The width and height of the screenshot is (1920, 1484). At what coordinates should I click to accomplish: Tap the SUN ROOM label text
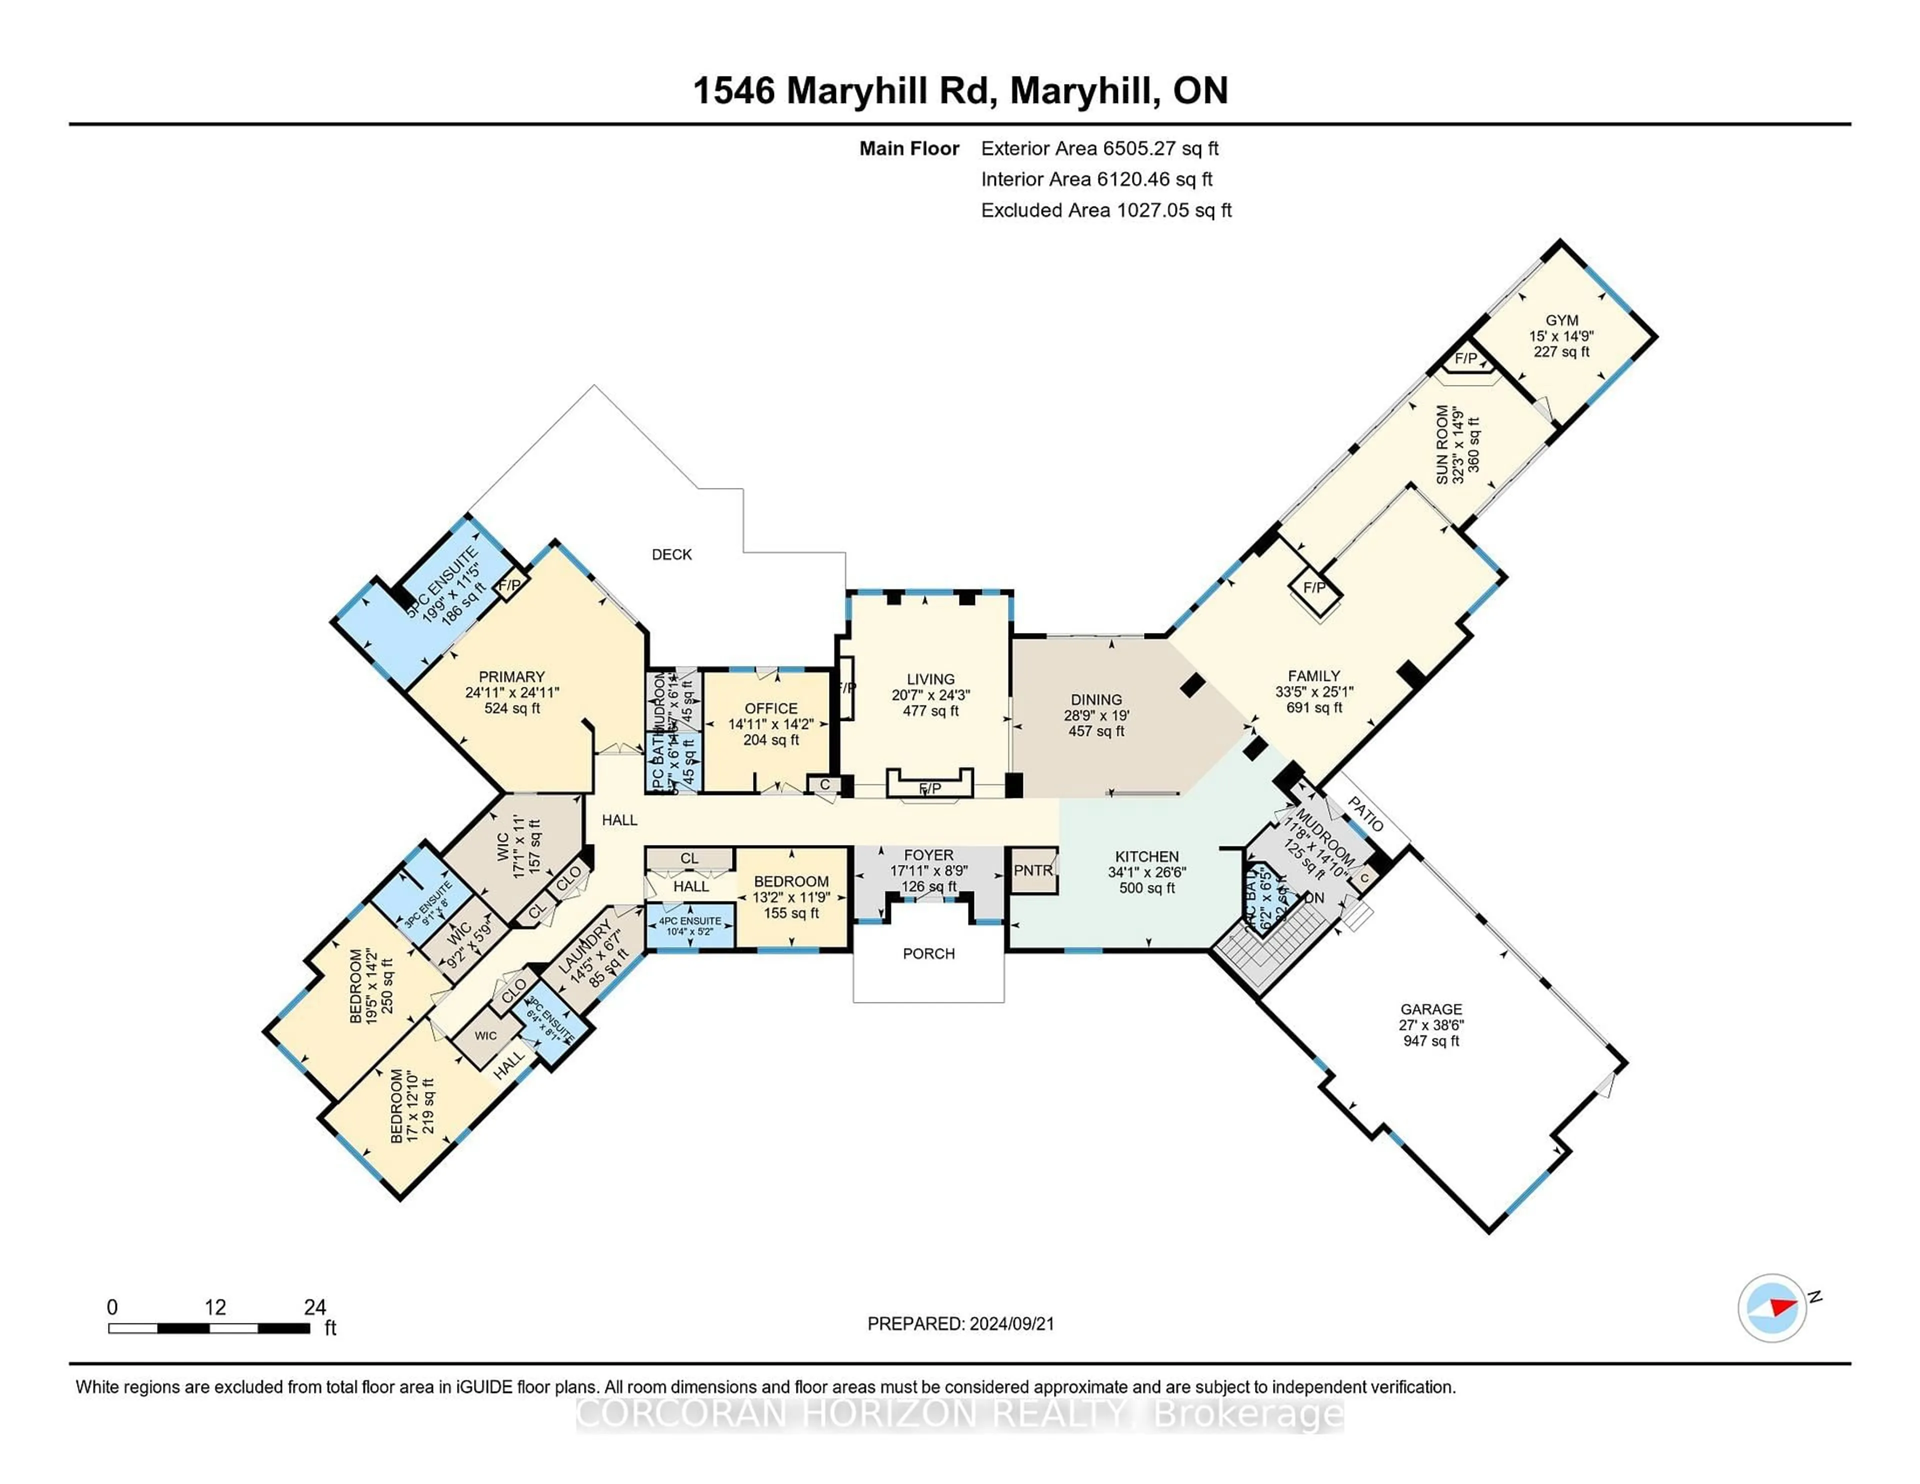(1442, 445)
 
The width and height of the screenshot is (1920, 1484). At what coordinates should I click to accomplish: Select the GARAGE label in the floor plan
(1431, 1009)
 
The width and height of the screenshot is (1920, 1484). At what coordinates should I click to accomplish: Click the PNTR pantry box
(1033, 870)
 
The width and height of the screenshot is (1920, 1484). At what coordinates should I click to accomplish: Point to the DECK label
(671, 554)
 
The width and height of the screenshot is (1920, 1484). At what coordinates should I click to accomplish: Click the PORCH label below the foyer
(928, 954)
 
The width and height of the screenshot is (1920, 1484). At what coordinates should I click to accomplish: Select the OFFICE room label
(771, 708)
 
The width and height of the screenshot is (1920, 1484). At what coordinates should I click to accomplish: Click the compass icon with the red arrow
(1771, 1307)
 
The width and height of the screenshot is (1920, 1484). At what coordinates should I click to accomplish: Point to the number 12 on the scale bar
(215, 1307)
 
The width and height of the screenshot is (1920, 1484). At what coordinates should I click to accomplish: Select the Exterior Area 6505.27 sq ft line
(1100, 148)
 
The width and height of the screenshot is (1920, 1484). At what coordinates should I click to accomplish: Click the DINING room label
(1096, 700)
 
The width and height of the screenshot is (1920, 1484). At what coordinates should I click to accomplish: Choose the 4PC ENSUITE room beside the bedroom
(690, 925)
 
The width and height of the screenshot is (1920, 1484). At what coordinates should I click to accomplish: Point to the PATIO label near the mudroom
(1365, 814)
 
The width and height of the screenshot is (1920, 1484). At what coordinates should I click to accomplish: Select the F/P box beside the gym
(1465, 358)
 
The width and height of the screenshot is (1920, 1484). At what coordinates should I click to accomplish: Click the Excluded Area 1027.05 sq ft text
(1106, 210)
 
